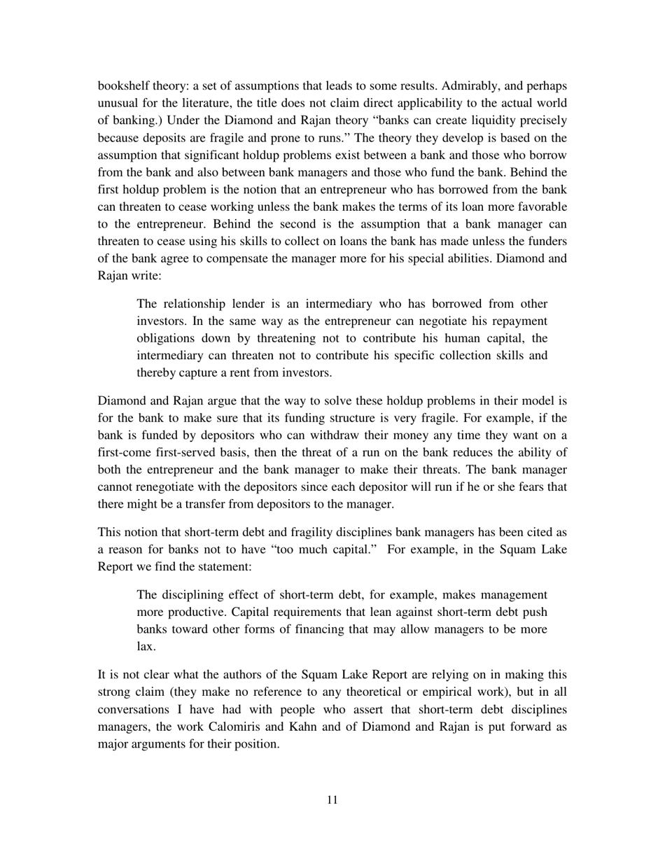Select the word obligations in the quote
166,338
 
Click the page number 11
332,800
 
